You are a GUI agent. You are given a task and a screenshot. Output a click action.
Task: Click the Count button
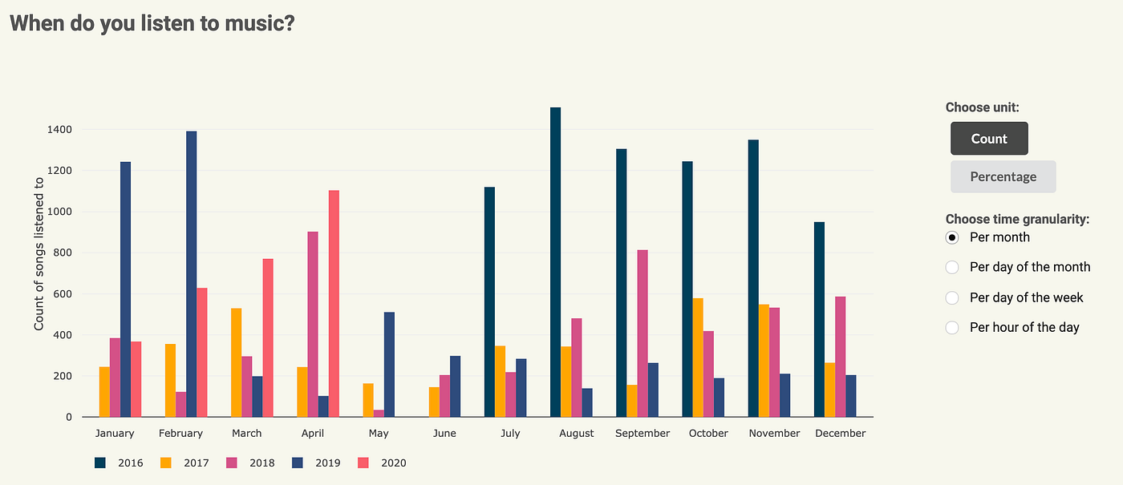988,139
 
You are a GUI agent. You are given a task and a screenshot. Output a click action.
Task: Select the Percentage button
1003,177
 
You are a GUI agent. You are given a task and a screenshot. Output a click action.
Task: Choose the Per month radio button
952,237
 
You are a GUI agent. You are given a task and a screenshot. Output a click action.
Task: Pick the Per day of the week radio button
952,297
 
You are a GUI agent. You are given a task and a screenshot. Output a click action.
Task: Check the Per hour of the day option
952,327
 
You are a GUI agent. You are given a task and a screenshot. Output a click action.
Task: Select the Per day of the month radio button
952,267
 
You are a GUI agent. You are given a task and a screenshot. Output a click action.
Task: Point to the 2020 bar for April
334,304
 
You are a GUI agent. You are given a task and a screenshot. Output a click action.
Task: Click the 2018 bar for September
643,333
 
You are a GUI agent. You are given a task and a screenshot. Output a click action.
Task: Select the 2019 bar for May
389,365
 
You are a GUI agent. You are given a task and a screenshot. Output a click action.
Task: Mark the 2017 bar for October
698,358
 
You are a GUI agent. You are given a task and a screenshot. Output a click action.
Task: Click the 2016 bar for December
819,320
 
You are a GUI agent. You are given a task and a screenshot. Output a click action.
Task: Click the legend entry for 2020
385,463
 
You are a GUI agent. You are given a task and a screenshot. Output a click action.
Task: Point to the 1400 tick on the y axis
59,130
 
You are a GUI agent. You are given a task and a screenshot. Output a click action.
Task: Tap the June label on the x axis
444,434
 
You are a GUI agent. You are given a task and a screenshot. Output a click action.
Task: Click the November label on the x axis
774,434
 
